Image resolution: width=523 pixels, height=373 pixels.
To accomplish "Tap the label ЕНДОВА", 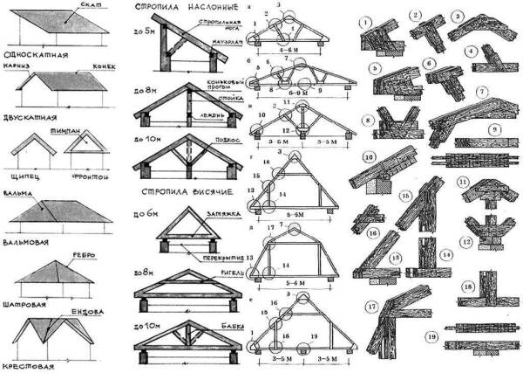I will click(x=98, y=309).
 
